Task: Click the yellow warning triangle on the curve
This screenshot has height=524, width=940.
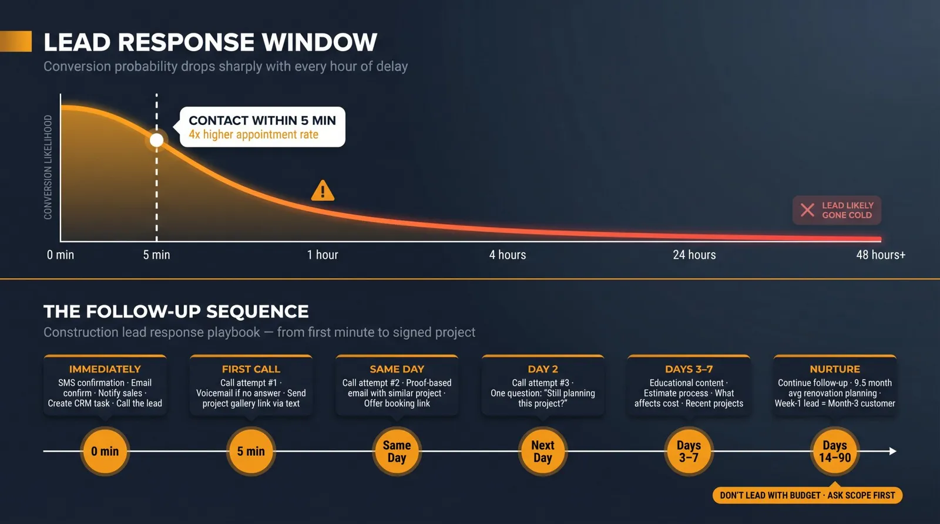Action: click(x=323, y=191)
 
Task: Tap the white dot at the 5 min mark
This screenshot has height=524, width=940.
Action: click(x=156, y=140)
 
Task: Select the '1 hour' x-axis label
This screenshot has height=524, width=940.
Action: click(x=323, y=255)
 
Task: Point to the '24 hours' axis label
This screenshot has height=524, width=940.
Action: click(x=694, y=255)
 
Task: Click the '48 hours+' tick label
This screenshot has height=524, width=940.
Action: click(x=881, y=255)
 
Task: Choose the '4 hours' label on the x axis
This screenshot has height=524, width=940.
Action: click(x=508, y=255)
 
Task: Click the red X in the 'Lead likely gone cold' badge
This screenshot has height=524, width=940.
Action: click(x=807, y=210)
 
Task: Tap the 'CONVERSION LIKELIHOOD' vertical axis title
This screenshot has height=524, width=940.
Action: click(x=48, y=167)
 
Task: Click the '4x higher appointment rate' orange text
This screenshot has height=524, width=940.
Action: click(x=253, y=134)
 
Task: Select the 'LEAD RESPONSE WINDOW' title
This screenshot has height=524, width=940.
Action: click(x=210, y=42)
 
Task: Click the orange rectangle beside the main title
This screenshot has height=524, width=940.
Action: click(x=16, y=41)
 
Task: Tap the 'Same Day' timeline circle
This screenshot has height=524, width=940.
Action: click(x=397, y=451)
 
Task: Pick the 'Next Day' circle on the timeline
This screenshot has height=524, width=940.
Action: click(x=543, y=451)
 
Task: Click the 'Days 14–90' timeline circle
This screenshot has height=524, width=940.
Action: click(x=835, y=451)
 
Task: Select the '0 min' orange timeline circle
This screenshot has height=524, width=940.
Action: click(x=105, y=451)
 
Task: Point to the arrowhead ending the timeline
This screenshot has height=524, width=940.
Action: click(x=893, y=451)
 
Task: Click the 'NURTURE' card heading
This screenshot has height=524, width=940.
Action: click(x=835, y=369)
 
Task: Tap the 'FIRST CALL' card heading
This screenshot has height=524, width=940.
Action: click(x=251, y=369)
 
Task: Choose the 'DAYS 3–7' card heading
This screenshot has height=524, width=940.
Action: click(x=689, y=369)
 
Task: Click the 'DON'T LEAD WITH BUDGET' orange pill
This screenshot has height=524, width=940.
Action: click(x=807, y=495)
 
